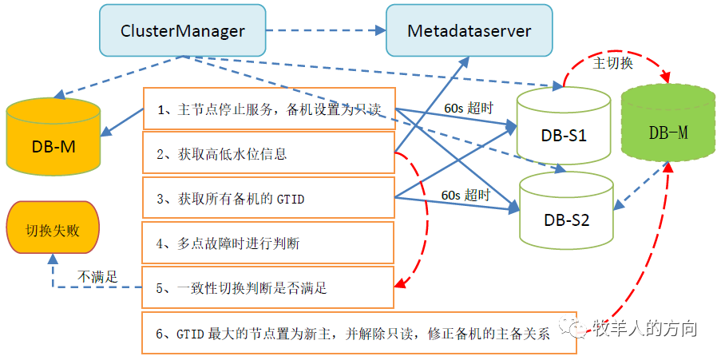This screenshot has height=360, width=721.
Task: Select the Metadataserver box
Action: point(469,31)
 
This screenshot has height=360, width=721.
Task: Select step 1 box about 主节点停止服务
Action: point(269,109)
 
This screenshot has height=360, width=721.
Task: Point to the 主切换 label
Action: point(612,63)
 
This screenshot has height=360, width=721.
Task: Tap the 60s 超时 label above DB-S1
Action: point(468,109)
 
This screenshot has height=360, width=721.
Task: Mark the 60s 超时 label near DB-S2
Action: point(465,194)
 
